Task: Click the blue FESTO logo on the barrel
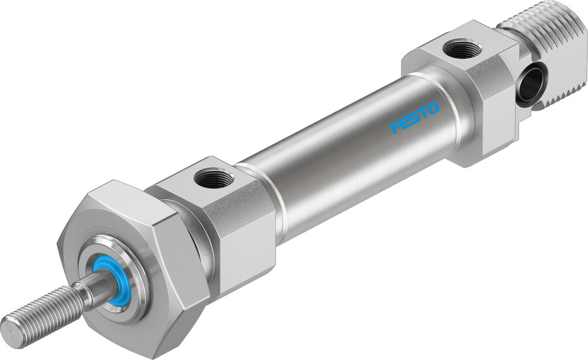tap(415, 117)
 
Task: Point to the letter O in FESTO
tap(433, 108)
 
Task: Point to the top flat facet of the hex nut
tap(118, 203)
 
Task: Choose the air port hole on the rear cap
tap(462, 49)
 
